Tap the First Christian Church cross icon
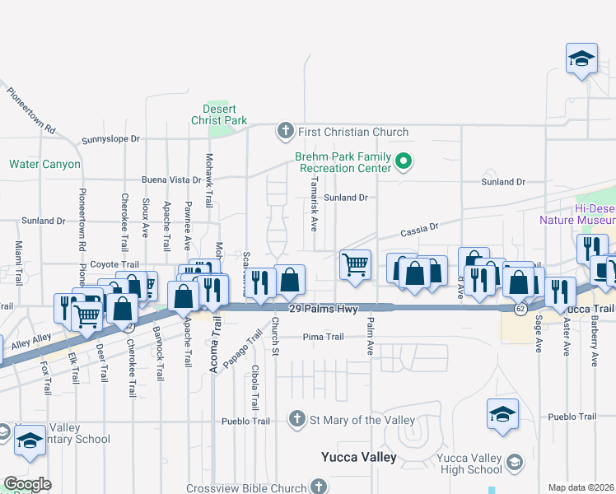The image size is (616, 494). [285, 131]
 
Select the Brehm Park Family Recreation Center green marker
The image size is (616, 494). [404, 161]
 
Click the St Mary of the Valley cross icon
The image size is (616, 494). [298, 420]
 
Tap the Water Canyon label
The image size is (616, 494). [45, 164]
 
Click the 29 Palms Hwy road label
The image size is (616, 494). [324, 309]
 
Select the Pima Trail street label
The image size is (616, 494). [323, 337]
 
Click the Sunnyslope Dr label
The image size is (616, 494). [111, 139]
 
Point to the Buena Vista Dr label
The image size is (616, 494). [171, 179]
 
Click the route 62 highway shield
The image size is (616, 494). [520, 309]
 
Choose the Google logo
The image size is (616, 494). [27, 483]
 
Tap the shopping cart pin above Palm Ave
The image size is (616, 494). [355, 265]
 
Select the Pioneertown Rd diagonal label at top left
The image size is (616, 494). [28, 108]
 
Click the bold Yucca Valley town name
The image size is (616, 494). [358, 457]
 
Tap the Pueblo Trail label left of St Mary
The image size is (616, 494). [245, 421]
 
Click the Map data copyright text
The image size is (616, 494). [581, 487]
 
